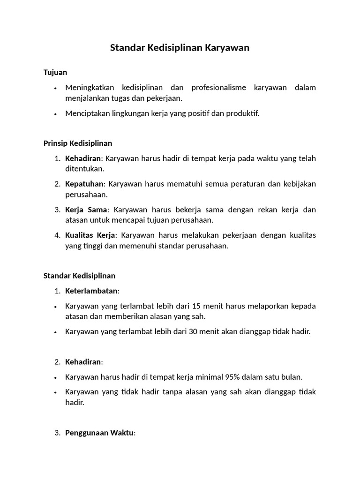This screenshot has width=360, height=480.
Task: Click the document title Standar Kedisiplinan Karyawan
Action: [180, 48]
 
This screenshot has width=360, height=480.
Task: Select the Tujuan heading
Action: [55, 72]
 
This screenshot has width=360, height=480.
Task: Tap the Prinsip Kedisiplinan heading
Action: [78, 143]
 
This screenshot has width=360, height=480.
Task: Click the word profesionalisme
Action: [218, 88]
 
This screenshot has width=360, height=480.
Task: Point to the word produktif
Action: [242, 113]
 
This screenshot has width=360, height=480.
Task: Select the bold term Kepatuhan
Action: [84, 184]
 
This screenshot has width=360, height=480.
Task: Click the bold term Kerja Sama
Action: [86, 209]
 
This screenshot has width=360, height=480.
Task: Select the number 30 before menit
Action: [193, 331]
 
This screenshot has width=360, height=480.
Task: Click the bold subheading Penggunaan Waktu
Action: [99, 433]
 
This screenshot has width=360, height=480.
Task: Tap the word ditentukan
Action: [84, 169]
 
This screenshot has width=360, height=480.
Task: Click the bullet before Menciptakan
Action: [56, 114]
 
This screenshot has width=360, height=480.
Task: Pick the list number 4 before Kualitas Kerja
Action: [57, 235]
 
